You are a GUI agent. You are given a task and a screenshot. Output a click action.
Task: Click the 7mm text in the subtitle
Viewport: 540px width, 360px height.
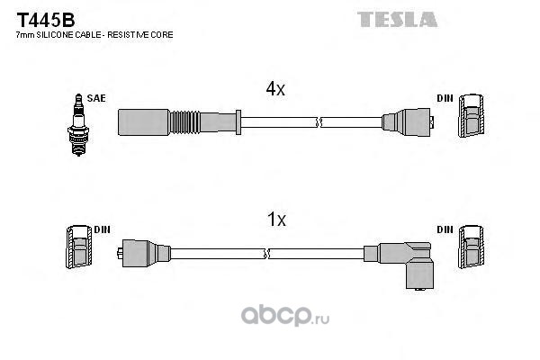pyautogui.click(x=22, y=34)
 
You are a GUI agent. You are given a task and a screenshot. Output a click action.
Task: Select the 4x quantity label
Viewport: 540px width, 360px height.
pyautogui.click(x=275, y=89)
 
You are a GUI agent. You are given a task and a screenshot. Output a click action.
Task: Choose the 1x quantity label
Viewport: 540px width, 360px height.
pyautogui.click(x=275, y=220)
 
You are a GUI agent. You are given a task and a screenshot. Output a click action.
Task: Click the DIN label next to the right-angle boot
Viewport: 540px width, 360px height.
pyautogui.click(x=445, y=229)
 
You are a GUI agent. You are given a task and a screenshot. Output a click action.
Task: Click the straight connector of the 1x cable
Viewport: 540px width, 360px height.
pyautogui.click(x=144, y=253)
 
